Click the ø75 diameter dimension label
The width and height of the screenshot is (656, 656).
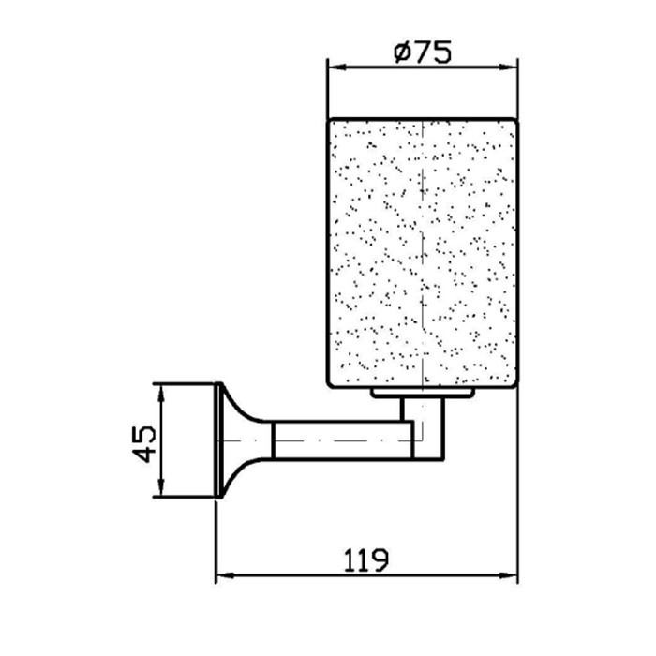click(423, 52)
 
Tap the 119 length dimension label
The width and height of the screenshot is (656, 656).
click(366, 560)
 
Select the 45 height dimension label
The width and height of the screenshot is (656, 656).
click(143, 444)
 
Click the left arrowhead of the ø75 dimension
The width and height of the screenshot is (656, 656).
click(337, 67)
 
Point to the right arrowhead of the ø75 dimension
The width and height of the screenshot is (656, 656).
click(509, 67)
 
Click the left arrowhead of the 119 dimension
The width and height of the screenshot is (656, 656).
click(225, 576)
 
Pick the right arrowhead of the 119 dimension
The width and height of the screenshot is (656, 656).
click(508, 576)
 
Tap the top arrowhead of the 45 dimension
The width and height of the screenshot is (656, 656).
click(160, 393)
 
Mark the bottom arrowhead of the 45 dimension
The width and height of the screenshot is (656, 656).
click(160, 488)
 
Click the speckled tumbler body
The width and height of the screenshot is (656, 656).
click(423, 253)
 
